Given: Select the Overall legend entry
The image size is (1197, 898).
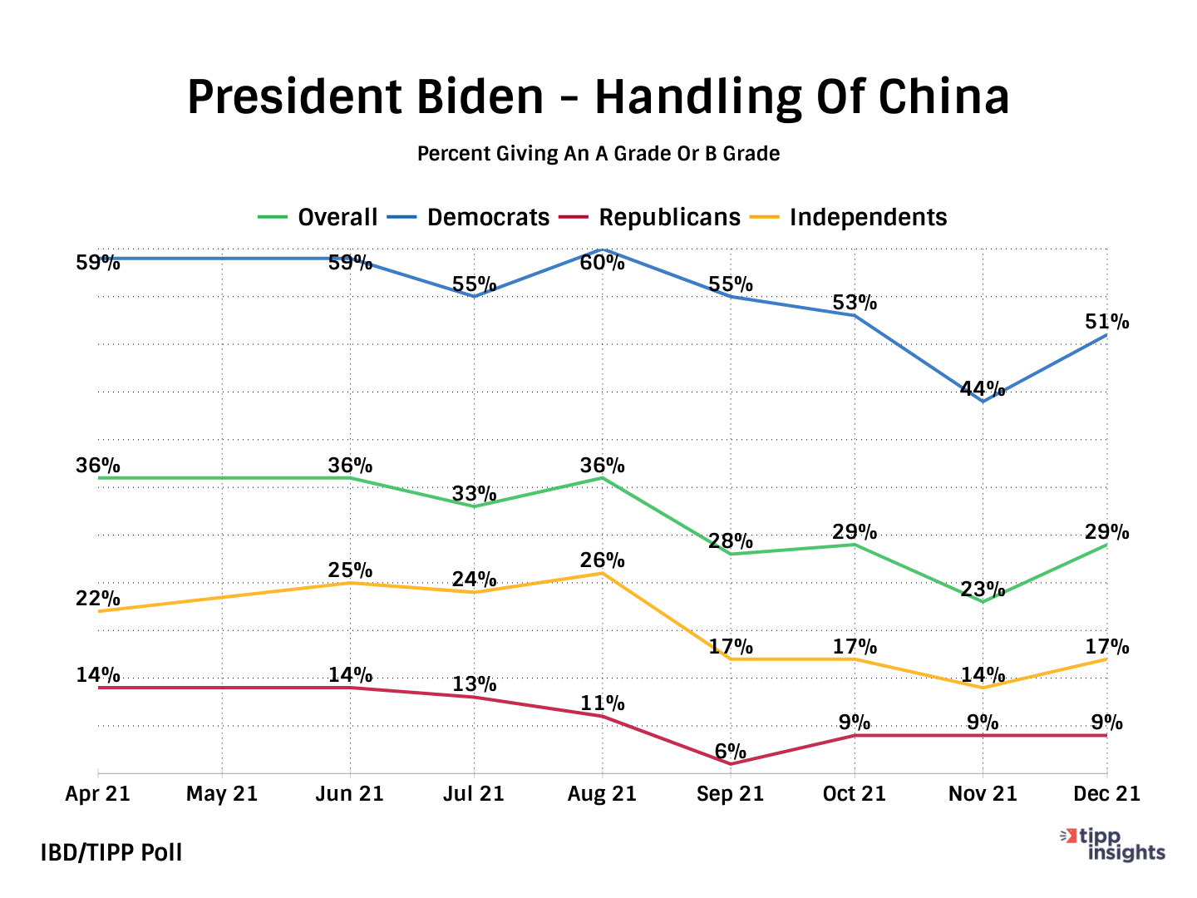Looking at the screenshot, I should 318,218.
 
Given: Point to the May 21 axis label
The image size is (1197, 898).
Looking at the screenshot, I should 222,794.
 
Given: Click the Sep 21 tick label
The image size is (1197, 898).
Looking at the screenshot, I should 730,794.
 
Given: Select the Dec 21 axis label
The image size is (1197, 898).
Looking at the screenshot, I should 1106,794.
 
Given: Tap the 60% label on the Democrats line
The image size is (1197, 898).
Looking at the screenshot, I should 602,264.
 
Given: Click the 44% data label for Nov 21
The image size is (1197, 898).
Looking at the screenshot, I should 983,388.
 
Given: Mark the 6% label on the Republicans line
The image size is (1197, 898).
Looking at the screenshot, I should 730,752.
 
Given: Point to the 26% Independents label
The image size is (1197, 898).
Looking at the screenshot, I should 602,560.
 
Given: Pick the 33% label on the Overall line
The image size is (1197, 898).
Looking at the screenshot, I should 474,494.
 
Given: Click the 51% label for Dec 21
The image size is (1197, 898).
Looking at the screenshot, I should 1106,322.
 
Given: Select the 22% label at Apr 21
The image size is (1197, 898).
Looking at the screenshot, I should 98,599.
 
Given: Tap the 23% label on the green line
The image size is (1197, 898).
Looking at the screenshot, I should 983,590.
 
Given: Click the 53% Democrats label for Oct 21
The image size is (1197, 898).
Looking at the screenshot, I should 855,303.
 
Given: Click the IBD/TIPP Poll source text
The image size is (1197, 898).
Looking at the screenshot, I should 111,852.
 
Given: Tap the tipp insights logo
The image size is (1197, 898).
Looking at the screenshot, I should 1115,845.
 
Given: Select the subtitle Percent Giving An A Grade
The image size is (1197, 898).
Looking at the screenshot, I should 598,154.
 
